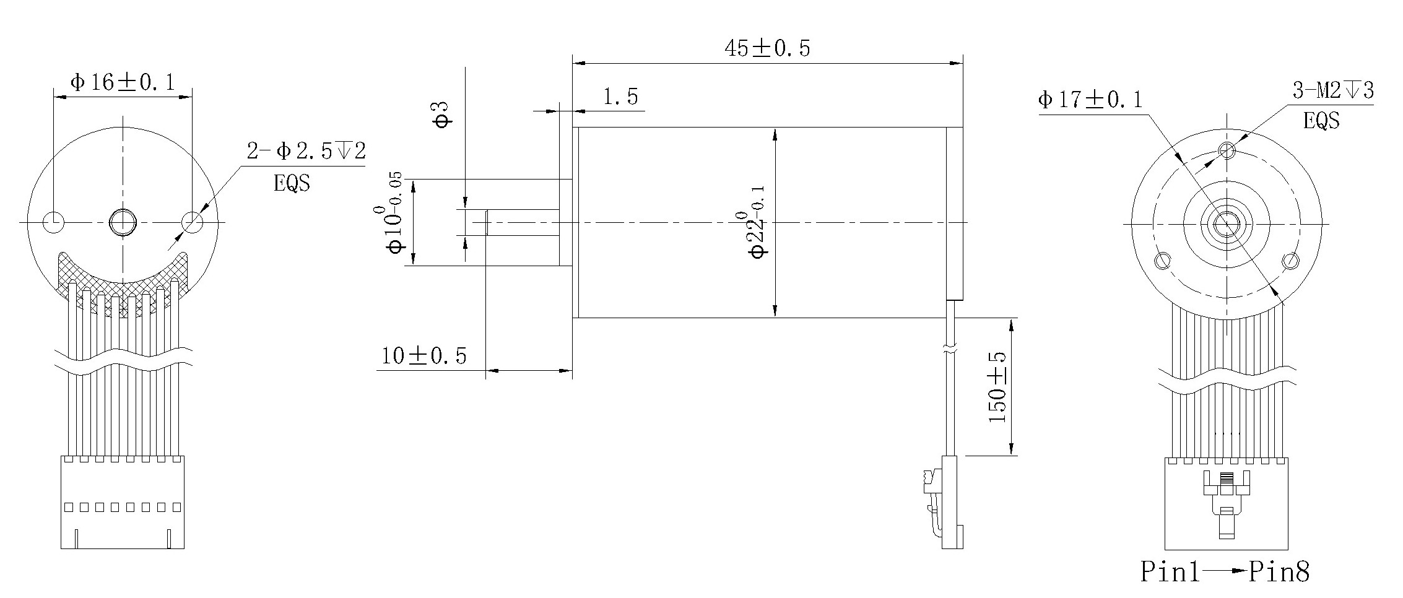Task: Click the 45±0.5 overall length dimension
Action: [767, 48]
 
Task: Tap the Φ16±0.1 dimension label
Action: [123, 82]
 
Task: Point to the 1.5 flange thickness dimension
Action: [620, 97]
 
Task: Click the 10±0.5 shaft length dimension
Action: [424, 356]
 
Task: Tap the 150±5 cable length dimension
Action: [997, 388]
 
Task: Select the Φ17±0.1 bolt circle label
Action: [1090, 100]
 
